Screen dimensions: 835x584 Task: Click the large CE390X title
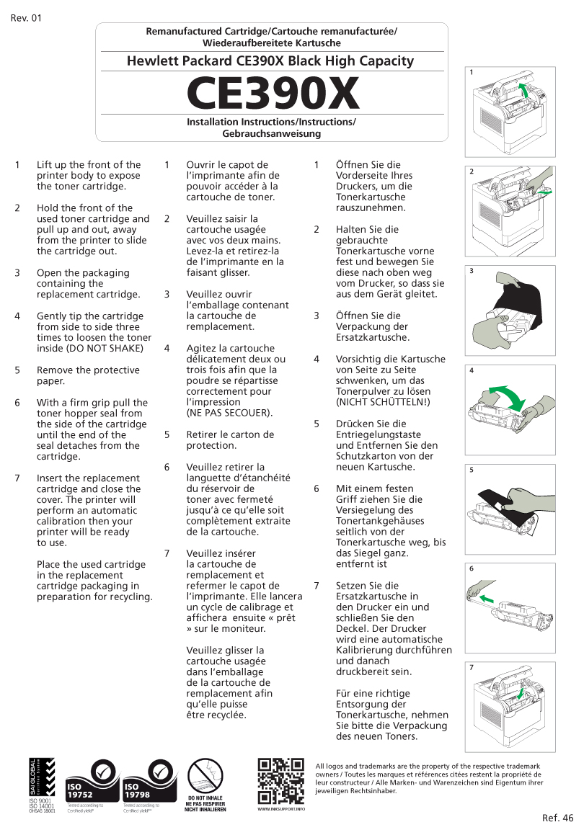pyautogui.click(x=272, y=94)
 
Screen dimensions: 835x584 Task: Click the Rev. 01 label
pyautogui.click(x=26, y=18)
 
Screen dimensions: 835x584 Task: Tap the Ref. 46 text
pyautogui.click(x=558, y=818)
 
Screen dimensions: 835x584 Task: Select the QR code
pyautogui.click(x=280, y=781)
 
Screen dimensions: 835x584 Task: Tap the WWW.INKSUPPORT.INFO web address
pyautogui.click(x=281, y=809)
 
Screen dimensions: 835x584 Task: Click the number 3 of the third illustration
pyautogui.click(x=471, y=272)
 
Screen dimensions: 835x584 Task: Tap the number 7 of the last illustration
pyautogui.click(x=471, y=668)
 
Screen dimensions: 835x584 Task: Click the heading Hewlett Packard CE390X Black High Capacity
pyautogui.click(x=270, y=61)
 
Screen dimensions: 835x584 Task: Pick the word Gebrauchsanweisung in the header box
pyautogui.click(x=271, y=134)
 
